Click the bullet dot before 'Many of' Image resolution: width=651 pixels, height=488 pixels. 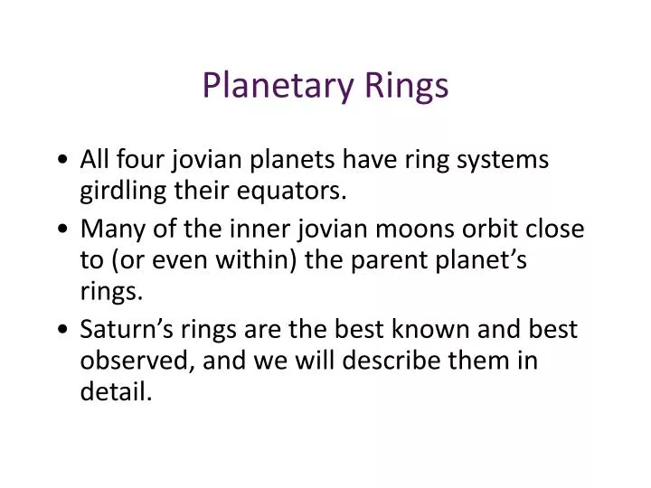point(60,230)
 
